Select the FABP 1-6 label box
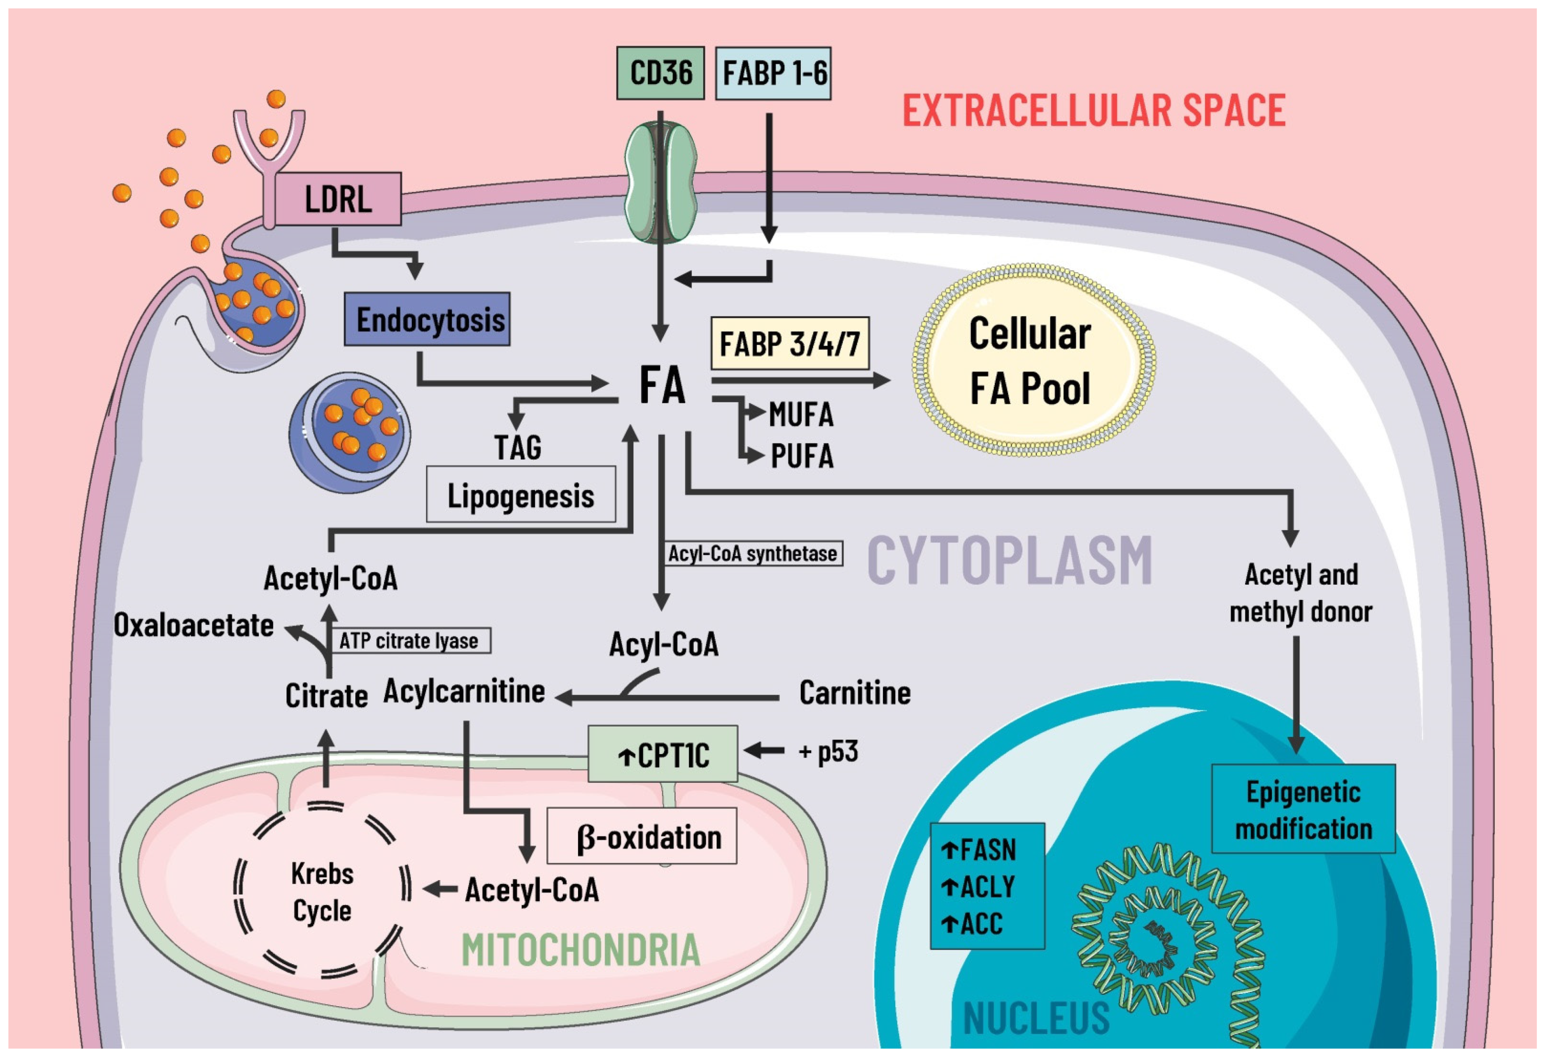click(773, 73)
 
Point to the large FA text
click(662, 385)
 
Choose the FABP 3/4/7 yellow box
click(789, 343)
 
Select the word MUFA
click(801, 415)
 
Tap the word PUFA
click(802, 456)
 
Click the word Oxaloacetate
click(194, 625)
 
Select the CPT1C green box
click(662, 754)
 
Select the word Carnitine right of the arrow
click(854, 693)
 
